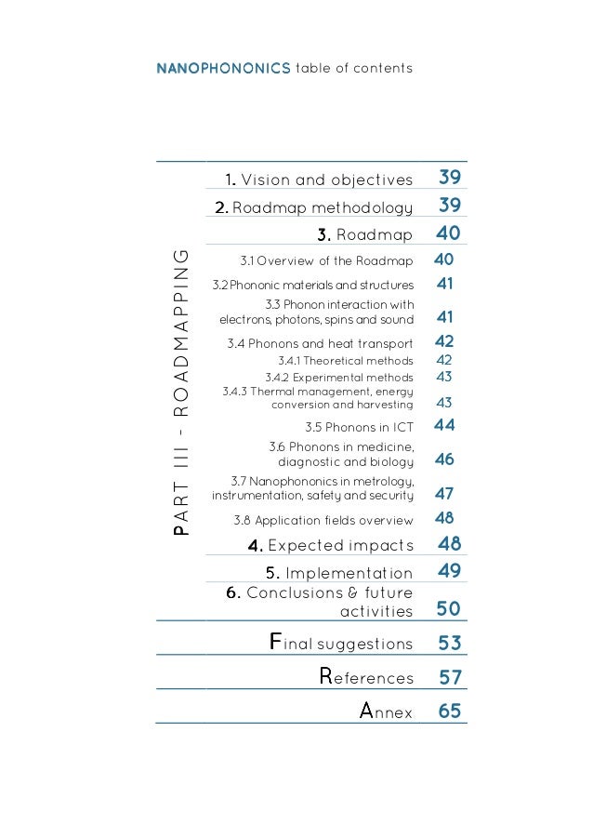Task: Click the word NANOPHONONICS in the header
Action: click(x=223, y=69)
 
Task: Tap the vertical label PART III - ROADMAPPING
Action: click(x=183, y=391)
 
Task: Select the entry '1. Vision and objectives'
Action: click(x=318, y=180)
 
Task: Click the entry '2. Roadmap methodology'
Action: click(x=313, y=206)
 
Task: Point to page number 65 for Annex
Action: click(x=450, y=712)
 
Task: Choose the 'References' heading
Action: click(x=366, y=678)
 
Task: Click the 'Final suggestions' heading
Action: click(x=340, y=644)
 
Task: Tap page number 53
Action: click(x=450, y=644)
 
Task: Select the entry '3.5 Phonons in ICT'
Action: click(x=359, y=427)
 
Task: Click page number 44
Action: click(x=444, y=425)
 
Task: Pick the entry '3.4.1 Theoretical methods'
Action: click(x=345, y=360)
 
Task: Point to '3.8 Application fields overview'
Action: click(x=323, y=520)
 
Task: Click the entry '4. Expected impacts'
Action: click(x=323, y=545)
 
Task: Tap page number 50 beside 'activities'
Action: click(x=449, y=610)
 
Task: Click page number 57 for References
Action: click(x=450, y=678)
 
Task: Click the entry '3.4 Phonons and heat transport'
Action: click(x=321, y=343)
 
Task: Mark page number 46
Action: click(x=444, y=459)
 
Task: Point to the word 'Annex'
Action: click(x=386, y=712)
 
